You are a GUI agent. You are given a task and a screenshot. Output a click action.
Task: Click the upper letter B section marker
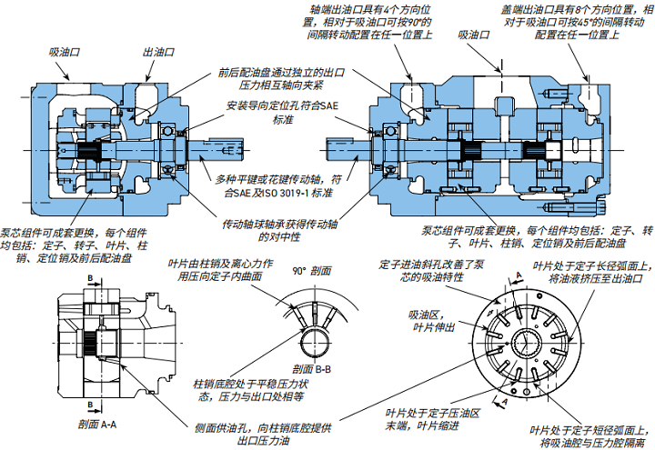[x=90, y=277]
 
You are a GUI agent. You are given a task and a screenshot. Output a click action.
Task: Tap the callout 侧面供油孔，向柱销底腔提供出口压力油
[x=260, y=435]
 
